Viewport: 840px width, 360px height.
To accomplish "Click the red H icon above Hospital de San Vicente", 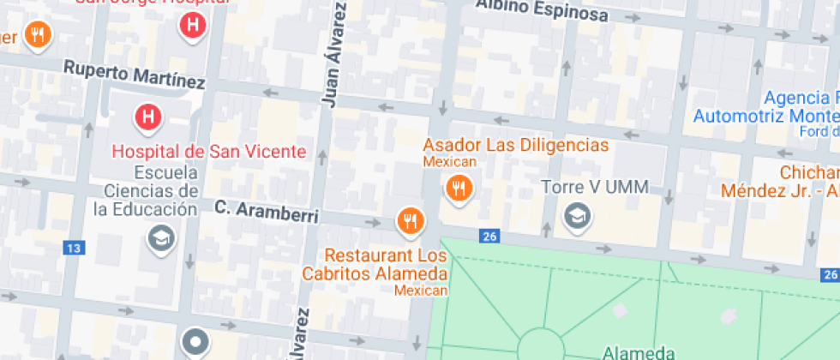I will pos(148,116).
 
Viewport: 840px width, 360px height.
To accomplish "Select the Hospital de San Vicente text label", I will pos(209,152).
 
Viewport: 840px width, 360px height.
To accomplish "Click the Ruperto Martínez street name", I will pos(135,75).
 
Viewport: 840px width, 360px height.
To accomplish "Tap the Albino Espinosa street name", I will pos(542,9).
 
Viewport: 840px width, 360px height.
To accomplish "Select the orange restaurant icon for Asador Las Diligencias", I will pos(459,187).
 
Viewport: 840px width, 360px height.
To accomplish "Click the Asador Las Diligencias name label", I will pos(516,144).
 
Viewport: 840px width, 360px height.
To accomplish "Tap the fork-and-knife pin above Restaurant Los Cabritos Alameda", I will pos(411,221).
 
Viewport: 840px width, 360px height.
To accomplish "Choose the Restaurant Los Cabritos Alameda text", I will pos(386,265).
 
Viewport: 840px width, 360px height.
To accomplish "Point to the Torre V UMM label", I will pos(594,187).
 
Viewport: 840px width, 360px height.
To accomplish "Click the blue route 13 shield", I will pos(75,249).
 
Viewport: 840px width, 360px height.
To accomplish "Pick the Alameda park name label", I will pos(639,351).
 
